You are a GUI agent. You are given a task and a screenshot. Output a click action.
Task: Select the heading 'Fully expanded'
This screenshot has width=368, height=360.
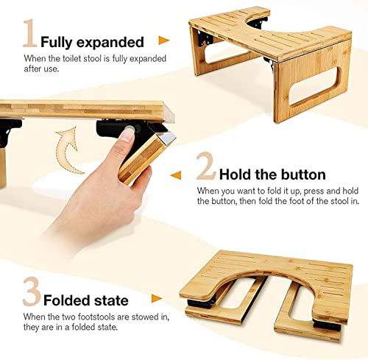click(x=92, y=43)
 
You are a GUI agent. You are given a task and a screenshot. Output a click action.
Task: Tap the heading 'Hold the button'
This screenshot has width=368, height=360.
click(x=272, y=175)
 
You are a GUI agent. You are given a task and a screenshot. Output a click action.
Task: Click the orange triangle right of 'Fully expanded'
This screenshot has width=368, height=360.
click(x=164, y=41)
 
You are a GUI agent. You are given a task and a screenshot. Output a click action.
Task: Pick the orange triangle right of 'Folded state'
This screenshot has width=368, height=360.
click(x=156, y=299)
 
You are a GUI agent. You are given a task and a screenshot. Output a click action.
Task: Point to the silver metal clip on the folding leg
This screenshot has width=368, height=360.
click(x=166, y=137)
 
